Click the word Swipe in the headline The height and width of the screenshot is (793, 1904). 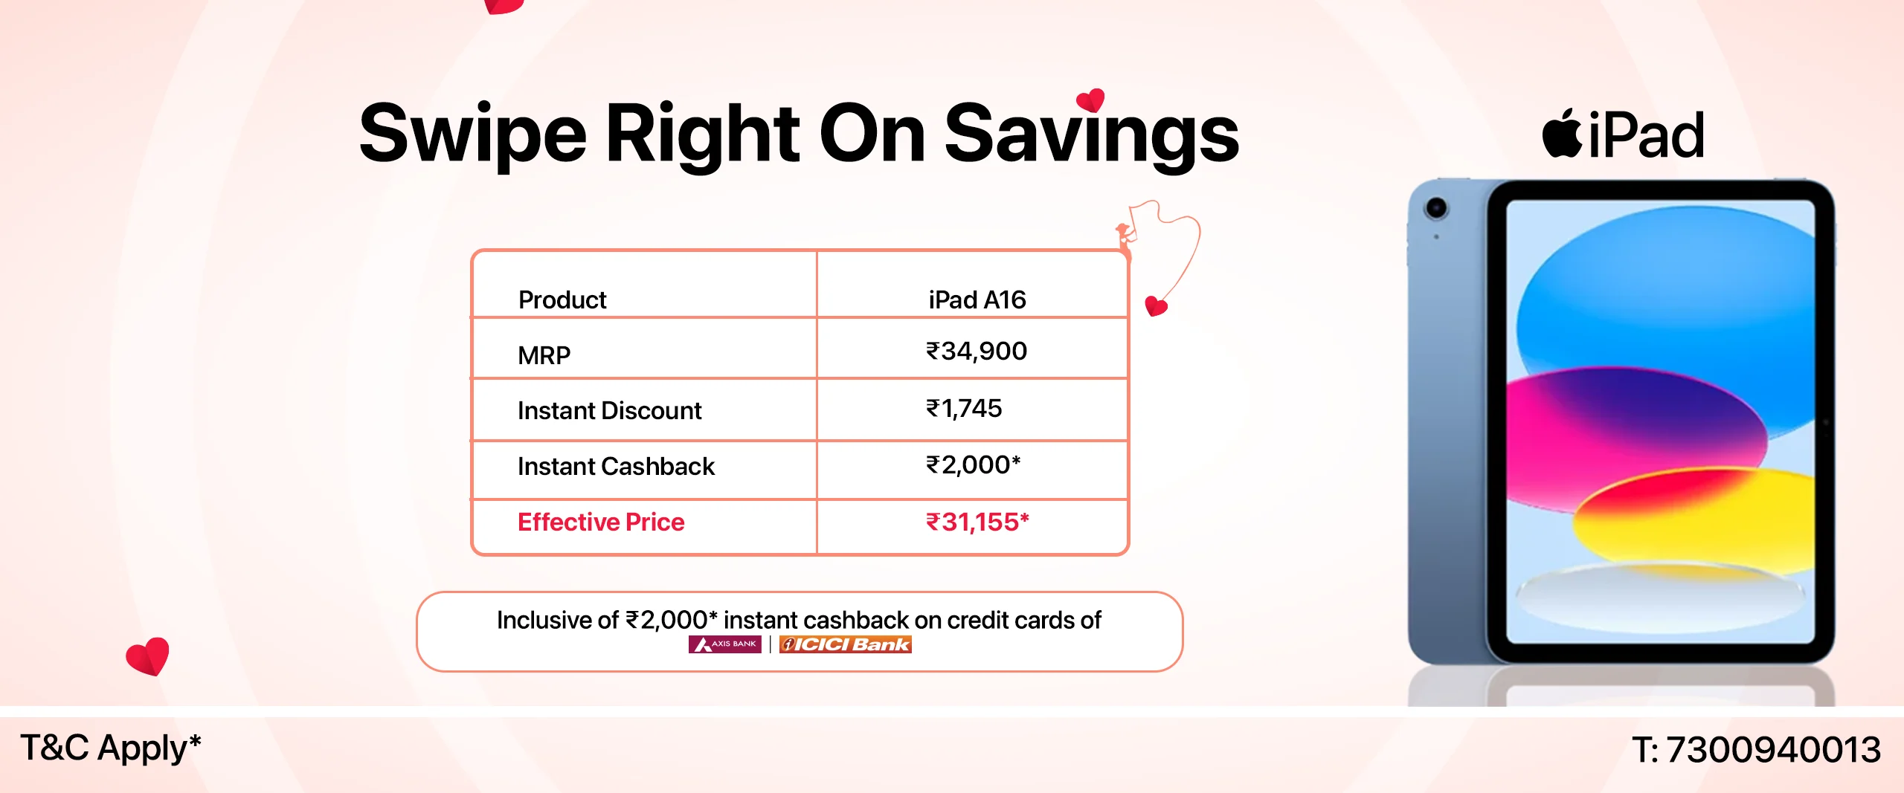tap(473, 134)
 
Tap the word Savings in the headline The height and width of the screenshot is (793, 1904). tap(1092, 134)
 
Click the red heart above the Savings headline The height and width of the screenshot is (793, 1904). tap(1091, 100)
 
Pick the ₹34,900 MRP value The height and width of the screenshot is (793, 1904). tap(977, 351)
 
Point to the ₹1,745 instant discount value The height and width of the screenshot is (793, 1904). tap(964, 408)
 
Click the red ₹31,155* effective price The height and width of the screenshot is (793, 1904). tap(977, 522)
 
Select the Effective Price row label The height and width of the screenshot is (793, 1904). tap(601, 522)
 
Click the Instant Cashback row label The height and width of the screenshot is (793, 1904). tap(616, 466)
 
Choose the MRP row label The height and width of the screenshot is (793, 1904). tap(544, 355)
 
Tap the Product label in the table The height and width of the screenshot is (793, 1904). tap(562, 300)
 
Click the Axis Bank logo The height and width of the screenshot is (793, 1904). tap(725, 644)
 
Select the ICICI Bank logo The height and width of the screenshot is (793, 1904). tap(846, 644)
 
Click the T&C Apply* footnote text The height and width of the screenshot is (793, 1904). tap(111, 748)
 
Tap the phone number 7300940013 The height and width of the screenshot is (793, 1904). tap(1774, 749)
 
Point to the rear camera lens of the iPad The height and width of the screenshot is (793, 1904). tap(1436, 208)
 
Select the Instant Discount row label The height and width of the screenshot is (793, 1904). tap(609, 410)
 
